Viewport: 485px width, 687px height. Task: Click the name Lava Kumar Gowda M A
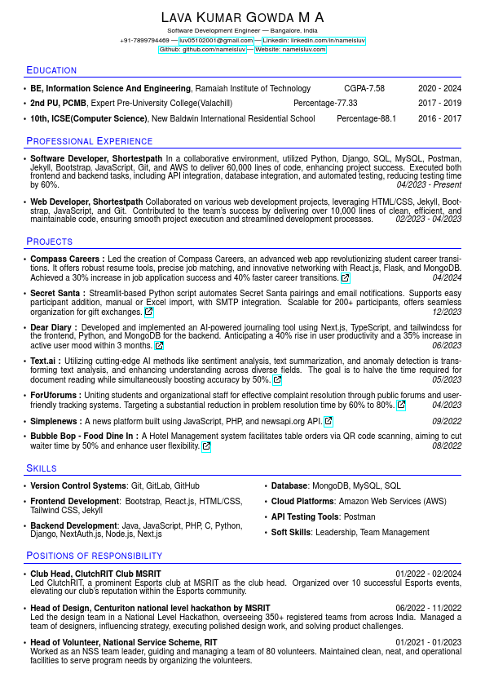tap(242, 17)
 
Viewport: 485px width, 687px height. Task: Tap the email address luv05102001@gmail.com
tap(216, 40)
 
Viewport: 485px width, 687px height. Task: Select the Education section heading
tap(51, 70)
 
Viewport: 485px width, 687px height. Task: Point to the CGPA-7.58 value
tap(364, 88)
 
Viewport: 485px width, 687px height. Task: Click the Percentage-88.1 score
tap(366, 118)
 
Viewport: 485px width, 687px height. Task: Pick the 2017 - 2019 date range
tap(439, 104)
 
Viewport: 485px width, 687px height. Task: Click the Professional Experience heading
tap(89, 141)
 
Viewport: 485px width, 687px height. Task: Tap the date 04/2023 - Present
tap(429, 185)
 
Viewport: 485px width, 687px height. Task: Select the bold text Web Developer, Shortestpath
tap(86, 202)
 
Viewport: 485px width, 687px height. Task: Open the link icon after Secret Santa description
tap(148, 312)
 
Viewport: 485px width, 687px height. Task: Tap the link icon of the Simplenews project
tap(328, 421)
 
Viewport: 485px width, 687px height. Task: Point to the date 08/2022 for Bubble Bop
tap(447, 445)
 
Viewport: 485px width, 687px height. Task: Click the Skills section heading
tap(42, 468)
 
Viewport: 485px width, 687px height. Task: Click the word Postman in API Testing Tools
tap(359, 516)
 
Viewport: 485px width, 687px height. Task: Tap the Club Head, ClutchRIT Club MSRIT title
tap(95, 574)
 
